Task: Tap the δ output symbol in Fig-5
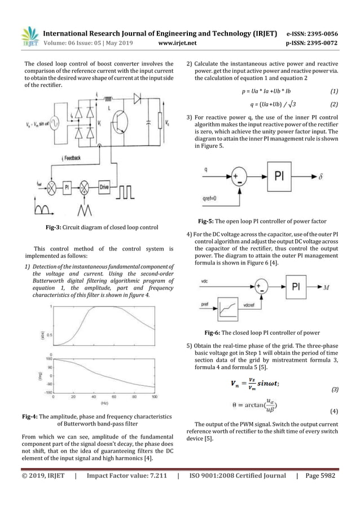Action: tap(321, 177)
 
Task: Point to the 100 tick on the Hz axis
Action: tap(155, 397)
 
